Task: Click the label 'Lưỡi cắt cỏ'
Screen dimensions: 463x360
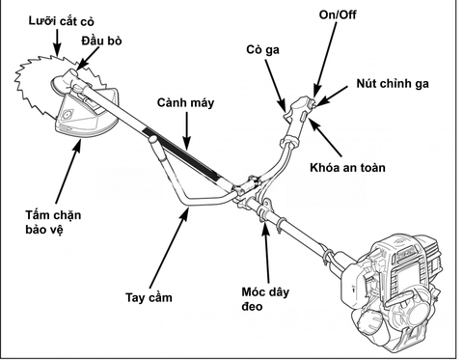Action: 61,21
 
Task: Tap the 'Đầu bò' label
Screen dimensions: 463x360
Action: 101,41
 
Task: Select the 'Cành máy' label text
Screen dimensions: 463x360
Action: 185,102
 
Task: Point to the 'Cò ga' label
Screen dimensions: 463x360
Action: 262,50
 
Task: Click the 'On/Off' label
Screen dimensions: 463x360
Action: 338,14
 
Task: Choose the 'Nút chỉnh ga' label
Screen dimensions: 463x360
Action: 393,84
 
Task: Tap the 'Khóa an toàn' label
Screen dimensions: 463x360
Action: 347,168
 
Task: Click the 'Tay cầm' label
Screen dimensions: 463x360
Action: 149,297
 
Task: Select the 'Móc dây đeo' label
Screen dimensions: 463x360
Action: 265,299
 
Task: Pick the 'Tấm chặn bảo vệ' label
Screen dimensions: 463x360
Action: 53,222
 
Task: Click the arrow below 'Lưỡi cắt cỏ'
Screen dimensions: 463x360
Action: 58,42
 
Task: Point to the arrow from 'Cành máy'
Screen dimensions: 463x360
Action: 187,131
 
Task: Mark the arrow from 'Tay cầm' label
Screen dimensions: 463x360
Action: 170,246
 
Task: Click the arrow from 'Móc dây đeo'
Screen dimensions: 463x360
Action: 266,252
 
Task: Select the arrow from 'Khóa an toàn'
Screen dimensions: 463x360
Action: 325,138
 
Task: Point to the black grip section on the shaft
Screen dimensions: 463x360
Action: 181,153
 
